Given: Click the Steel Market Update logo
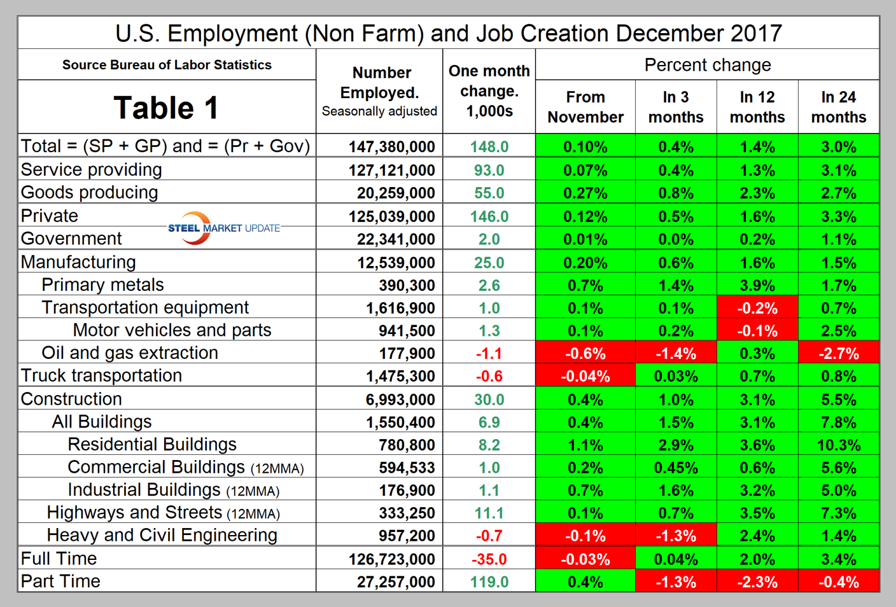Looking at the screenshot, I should pos(223,228).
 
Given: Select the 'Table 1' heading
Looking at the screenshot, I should pos(166,108).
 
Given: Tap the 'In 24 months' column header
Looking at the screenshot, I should pos(838,107).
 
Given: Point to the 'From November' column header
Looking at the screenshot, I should pos(585,107).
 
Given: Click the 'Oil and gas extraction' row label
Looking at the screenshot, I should pos(130,353).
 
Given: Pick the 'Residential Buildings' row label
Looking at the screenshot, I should pos(152,445).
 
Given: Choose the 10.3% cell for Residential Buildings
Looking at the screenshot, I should pos(838,445).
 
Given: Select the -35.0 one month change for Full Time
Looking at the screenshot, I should pos(489,559).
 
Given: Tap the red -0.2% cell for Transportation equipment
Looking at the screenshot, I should pos(757,309).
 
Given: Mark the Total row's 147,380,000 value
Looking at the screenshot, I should pos(391,147).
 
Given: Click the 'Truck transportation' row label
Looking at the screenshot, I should pos(101,376).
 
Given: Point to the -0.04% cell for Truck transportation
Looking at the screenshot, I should pos(585,377).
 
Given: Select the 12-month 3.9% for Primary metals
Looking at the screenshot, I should pos(757,286).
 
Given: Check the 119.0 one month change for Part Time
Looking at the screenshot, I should pos(489,582).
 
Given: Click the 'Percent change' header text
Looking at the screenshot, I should pos(707,65).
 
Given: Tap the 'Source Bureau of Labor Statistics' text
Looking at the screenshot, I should pos(167,65).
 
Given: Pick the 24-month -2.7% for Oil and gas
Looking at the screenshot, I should pos(838,354).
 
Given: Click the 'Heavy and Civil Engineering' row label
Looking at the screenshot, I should pos(162,536).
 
